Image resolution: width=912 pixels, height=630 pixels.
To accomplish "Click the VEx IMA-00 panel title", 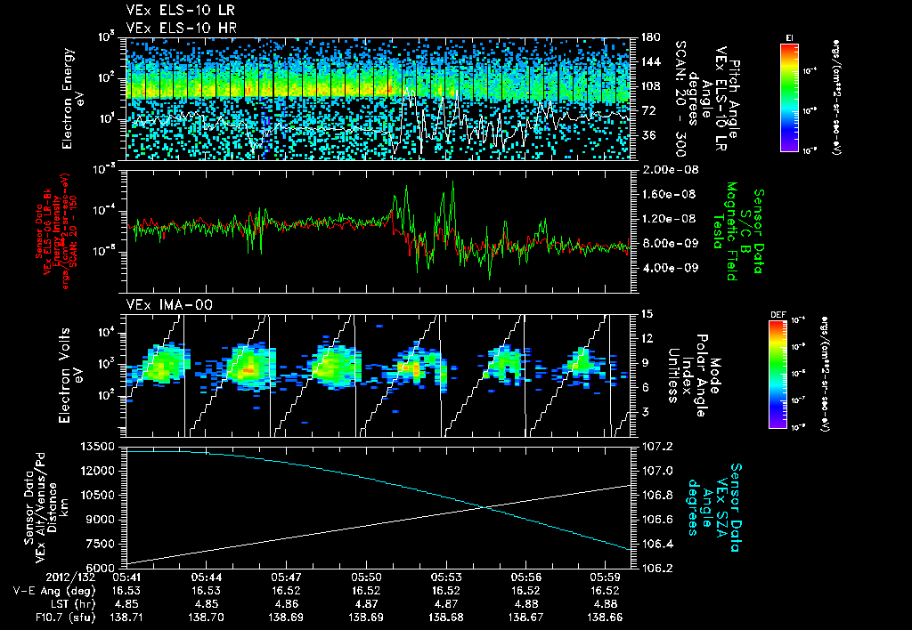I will point(161,304).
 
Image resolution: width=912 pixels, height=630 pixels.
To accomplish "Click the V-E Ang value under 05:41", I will point(126,590).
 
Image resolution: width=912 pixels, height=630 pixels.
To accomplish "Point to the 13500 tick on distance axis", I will point(101,446).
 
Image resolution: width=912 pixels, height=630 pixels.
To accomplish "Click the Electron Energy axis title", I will point(72,99).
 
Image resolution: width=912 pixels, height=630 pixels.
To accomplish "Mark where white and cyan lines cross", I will point(484,507).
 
